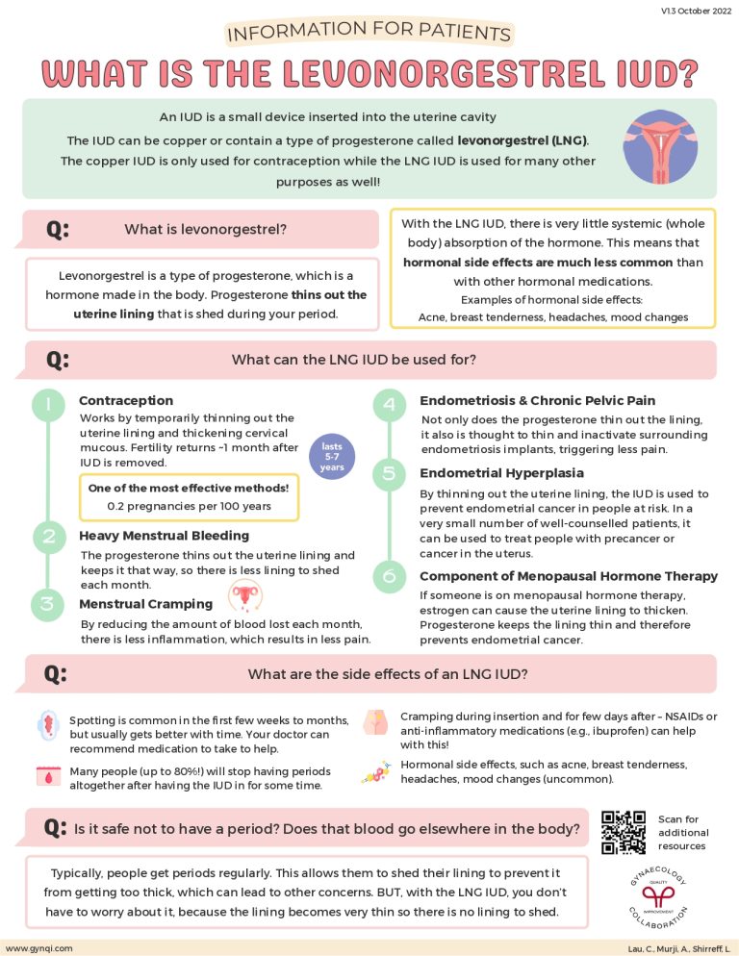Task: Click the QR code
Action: pos(623,833)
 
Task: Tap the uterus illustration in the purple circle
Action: pos(658,147)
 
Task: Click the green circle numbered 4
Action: pos(389,405)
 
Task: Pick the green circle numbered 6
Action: pos(389,576)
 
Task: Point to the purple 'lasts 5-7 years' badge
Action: pos(332,454)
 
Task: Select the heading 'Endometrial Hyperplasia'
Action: pos(501,473)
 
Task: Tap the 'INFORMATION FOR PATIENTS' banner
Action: pos(369,33)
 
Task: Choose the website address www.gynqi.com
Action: pos(38,947)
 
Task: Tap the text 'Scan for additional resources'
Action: pos(683,833)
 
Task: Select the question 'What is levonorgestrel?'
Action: pos(205,229)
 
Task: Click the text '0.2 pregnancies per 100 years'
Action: pos(189,506)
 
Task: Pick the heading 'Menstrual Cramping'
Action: pos(145,604)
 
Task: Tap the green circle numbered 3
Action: pos(47,604)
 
